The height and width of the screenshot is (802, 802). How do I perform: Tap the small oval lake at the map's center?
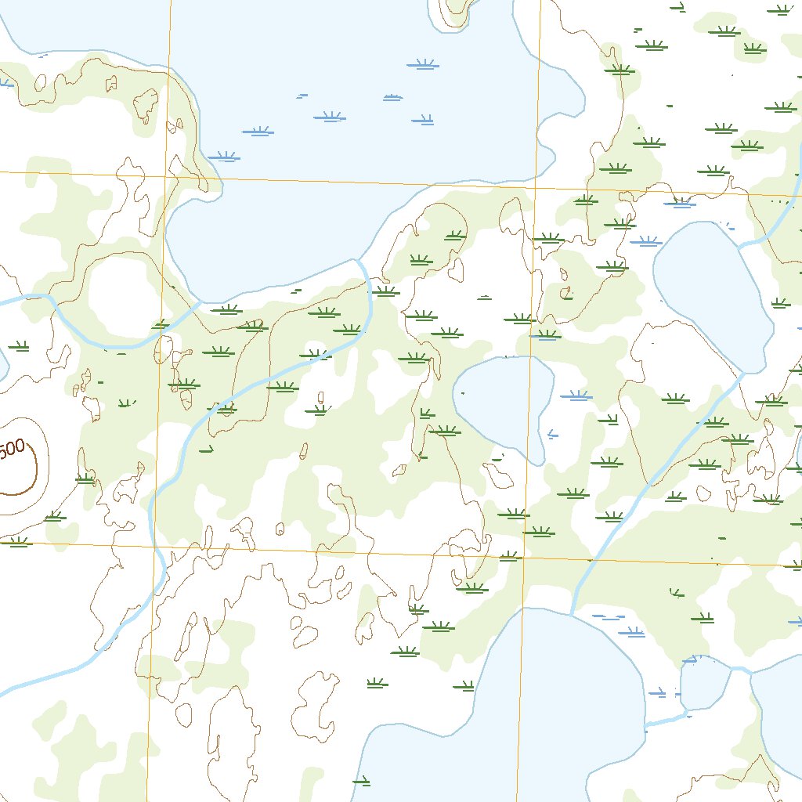click(x=501, y=403)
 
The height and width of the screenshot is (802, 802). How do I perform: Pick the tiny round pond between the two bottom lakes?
click(x=705, y=683)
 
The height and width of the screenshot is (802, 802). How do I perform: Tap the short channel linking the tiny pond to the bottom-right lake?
click(x=741, y=670)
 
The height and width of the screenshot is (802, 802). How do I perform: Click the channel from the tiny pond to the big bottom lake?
click(x=666, y=720)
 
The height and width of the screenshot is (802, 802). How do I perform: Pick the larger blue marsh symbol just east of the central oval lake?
click(x=576, y=396)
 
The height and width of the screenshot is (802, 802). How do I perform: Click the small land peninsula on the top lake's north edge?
click(x=457, y=12)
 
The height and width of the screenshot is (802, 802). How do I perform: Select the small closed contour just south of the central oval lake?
click(x=498, y=475)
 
